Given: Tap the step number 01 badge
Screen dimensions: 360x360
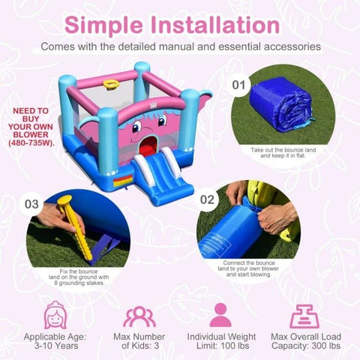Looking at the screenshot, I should pyautogui.click(x=239, y=84).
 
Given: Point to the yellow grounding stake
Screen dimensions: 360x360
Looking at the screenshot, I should pyautogui.click(x=70, y=229).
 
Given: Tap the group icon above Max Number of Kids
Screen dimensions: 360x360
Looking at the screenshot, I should pyautogui.click(x=139, y=315).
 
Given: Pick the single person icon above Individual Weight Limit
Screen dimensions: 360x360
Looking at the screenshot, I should pyautogui.click(x=220, y=315).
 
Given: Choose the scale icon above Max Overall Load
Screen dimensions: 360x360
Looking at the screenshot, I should pyautogui.click(x=304, y=315).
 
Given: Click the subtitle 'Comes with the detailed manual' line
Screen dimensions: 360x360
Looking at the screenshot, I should pyautogui.click(x=180, y=46).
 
